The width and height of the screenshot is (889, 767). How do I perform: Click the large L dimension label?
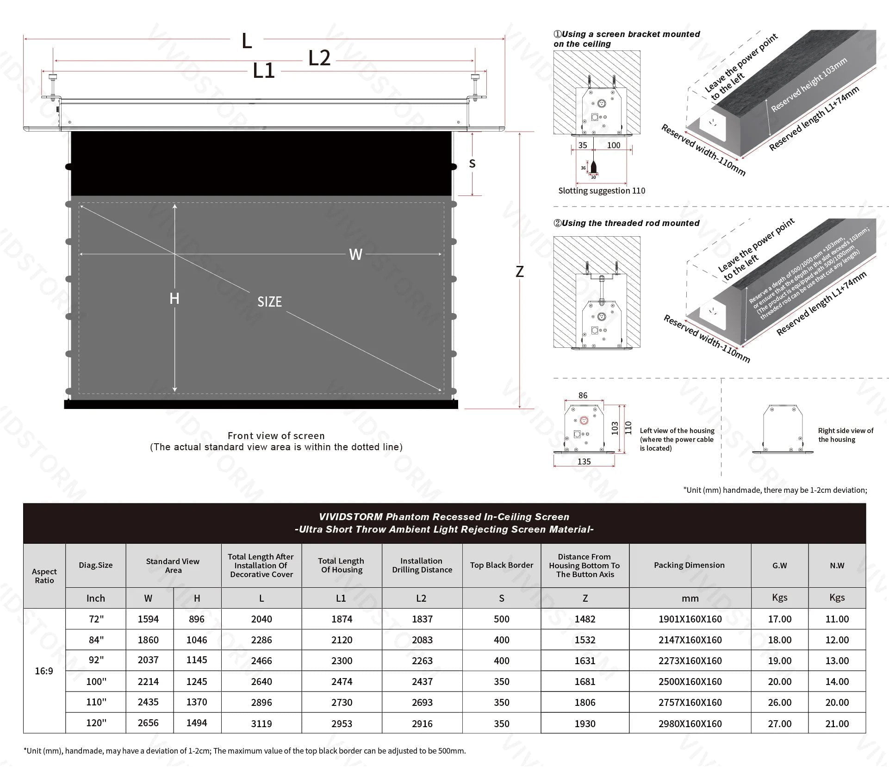click(x=247, y=41)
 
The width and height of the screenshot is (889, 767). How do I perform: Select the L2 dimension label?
click(x=319, y=59)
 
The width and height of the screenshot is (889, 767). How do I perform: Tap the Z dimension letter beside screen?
click(x=520, y=272)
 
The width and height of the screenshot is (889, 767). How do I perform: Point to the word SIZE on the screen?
click(x=269, y=302)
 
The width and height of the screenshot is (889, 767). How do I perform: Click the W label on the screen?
click(x=355, y=255)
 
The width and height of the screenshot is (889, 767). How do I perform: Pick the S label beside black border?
click(x=472, y=163)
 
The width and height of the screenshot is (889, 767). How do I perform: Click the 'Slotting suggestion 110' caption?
click(x=601, y=191)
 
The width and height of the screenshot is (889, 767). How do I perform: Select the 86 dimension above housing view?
click(x=583, y=395)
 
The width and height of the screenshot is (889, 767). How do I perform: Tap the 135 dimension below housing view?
click(x=584, y=461)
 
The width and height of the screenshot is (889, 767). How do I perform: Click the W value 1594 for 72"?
click(x=148, y=619)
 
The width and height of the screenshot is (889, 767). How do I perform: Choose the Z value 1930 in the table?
click(x=585, y=723)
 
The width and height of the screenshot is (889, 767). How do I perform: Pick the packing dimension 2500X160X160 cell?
click(x=690, y=682)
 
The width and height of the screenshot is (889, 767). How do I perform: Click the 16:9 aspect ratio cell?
click(x=44, y=671)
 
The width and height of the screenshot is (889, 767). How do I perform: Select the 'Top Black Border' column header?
click(x=502, y=565)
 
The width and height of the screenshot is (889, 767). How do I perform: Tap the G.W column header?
click(x=779, y=565)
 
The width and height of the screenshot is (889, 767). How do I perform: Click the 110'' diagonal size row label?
click(x=96, y=702)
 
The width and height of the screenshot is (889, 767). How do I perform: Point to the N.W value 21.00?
click(x=837, y=723)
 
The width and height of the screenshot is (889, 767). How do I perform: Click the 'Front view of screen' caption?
click(x=276, y=436)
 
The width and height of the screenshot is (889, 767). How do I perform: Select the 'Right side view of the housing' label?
click(x=845, y=435)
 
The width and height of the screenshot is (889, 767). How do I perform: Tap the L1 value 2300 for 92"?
click(x=342, y=661)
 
